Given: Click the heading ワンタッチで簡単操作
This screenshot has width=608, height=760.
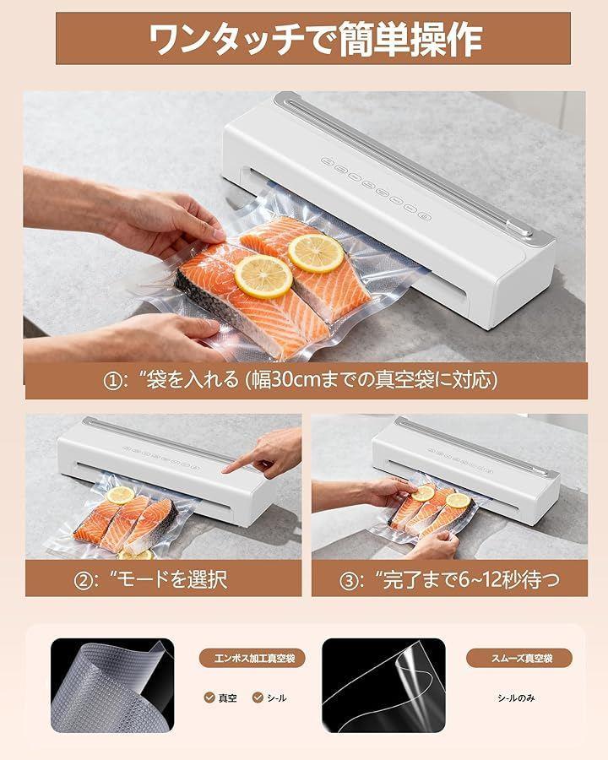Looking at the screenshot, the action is click(x=315, y=40).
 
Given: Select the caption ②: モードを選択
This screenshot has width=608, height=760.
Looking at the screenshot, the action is click(x=150, y=579).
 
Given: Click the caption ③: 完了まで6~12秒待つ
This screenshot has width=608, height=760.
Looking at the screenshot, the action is click(x=449, y=579).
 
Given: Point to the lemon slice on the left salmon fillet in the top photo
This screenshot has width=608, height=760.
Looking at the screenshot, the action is click(x=263, y=277).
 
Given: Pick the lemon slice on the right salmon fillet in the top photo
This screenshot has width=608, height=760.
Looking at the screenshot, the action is click(x=316, y=253).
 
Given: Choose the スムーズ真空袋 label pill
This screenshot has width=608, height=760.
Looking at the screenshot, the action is click(x=519, y=658).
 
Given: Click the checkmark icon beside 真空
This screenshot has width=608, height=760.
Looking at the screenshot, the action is click(x=209, y=698).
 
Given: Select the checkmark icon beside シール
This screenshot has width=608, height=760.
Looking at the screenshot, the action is click(x=258, y=698).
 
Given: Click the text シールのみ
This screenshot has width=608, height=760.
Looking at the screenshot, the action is click(x=516, y=698).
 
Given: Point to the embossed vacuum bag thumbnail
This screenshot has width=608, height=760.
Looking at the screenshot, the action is click(x=112, y=686).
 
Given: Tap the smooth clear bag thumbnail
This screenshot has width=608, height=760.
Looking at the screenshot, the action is click(x=383, y=686).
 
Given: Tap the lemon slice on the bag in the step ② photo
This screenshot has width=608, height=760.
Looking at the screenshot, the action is click(x=120, y=495).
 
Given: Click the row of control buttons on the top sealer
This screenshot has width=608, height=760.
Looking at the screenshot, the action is click(x=377, y=189).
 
